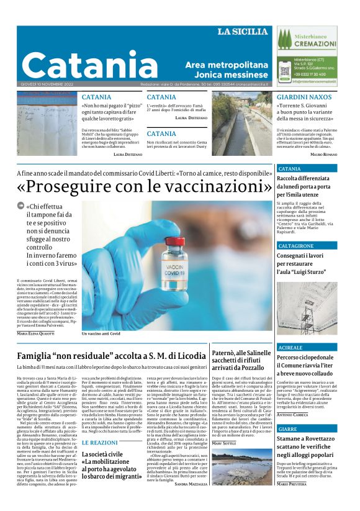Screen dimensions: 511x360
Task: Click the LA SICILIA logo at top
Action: tap(244, 32)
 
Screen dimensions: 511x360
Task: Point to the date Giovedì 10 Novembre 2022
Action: tap(47, 84)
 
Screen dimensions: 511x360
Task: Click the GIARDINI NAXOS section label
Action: tap(304, 97)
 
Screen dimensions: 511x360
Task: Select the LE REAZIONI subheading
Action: tap(99, 443)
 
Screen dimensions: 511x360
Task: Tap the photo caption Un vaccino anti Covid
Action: tap(101, 333)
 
